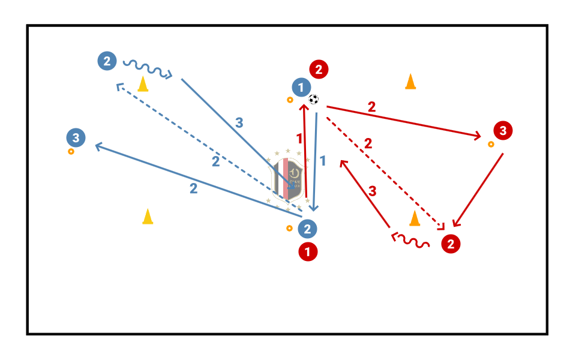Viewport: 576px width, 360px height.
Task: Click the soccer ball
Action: pos(314,100)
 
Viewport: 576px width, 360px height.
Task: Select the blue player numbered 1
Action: pos(301,88)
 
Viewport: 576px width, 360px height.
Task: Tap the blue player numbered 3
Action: pos(76,138)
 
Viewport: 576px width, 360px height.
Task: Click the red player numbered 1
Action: pos(308,252)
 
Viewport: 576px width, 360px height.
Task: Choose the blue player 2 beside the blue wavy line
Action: pos(106,61)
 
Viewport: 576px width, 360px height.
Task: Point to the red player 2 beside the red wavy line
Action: pos(451,244)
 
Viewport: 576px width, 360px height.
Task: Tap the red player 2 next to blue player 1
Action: pos(319,70)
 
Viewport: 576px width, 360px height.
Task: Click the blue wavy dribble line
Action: pos(147,68)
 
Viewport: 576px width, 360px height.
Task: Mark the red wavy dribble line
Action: pos(411,241)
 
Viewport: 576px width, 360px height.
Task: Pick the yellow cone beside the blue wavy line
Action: pos(143,84)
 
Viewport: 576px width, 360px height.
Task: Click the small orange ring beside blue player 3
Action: pos(71,152)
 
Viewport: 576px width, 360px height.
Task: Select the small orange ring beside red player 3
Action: pos(491,145)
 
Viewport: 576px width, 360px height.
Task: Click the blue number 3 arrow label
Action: pos(239,123)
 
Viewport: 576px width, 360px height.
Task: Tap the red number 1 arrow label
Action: pos(299,138)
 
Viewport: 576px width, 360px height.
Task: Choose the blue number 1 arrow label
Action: pos(323,161)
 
